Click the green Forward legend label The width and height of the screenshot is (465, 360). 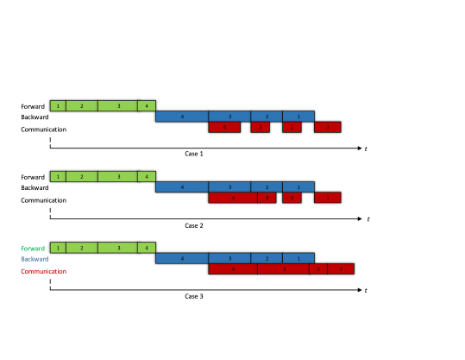pyautogui.click(x=33, y=249)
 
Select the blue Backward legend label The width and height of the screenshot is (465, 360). pyautogui.click(x=35, y=259)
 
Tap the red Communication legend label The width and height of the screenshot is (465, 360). pyautogui.click(x=43, y=271)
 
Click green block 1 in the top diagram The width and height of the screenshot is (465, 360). pyautogui.click(x=58, y=106)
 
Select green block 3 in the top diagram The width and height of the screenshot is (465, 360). pyautogui.click(x=117, y=106)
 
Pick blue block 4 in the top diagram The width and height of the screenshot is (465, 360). pyautogui.click(x=182, y=117)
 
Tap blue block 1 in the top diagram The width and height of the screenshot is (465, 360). pyautogui.click(x=298, y=117)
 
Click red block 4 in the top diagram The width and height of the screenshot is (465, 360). pyautogui.click(x=224, y=127)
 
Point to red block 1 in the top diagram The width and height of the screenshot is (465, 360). pyautogui.click(x=327, y=127)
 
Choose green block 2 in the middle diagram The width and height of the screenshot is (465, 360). pyautogui.click(x=82, y=177)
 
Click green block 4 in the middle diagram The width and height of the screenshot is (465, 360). pyautogui.click(x=147, y=177)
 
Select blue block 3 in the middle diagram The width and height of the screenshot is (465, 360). pyautogui.click(x=229, y=187)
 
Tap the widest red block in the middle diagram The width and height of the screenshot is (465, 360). pyautogui.click(x=233, y=198)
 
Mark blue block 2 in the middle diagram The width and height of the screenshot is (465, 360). pyautogui.click(x=267, y=187)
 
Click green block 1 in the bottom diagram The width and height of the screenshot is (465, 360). pyautogui.click(x=58, y=248)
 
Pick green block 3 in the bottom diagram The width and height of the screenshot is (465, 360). pyautogui.click(x=117, y=248)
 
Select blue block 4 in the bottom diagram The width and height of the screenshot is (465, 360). pyautogui.click(x=182, y=258)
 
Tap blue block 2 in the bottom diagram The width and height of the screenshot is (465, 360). pyautogui.click(x=267, y=258)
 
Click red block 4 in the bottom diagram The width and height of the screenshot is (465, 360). pyautogui.click(x=233, y=268)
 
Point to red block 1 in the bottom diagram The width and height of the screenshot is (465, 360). pyautogui.click(x=340, y=268)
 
